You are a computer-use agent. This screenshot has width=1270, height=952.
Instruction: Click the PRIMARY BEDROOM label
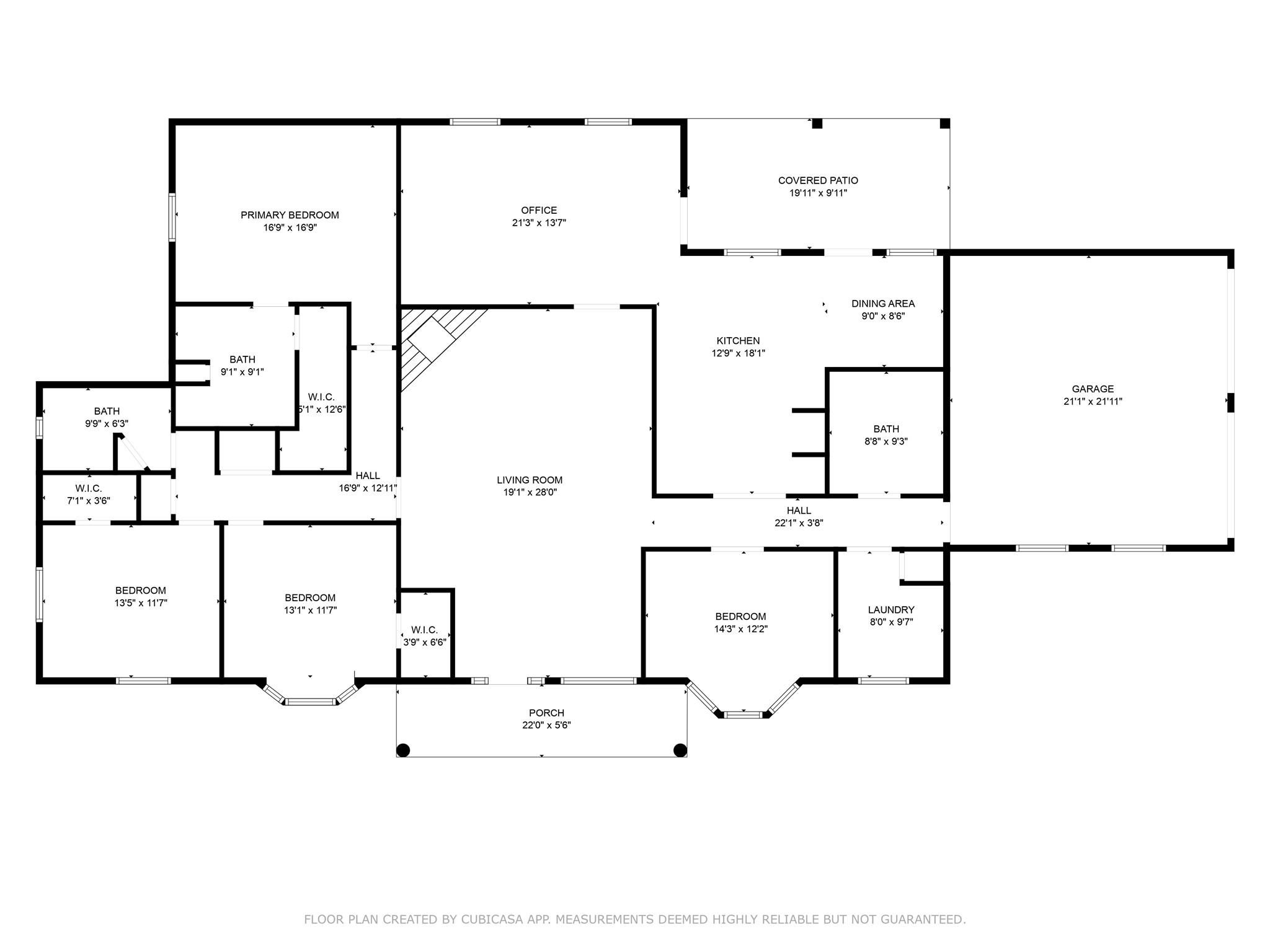tap(290, 215)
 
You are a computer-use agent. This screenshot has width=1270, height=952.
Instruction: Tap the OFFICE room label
tap(539, 210)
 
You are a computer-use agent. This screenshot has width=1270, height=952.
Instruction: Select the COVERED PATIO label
tap(818, 180)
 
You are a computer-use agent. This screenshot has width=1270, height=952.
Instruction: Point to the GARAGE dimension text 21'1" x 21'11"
tap(1093, 401)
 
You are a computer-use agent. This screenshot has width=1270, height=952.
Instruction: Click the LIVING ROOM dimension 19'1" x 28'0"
tap(530, 492)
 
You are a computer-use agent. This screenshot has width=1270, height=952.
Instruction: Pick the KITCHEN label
tap(738, 341)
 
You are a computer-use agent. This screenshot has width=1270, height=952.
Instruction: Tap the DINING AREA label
tap(883, 304)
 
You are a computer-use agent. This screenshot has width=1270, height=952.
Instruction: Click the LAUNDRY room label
tap(891, 610)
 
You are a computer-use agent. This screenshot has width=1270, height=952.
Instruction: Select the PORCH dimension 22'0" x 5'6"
tap(546, 725)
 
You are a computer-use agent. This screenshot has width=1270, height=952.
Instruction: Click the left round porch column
tap(403, 751)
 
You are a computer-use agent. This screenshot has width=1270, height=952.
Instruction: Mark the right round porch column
tap(680, 751)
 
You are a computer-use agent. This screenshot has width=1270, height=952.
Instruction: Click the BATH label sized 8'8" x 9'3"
tap(886, 429)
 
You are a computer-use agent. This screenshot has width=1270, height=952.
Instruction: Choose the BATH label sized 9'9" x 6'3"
tap(107, 411)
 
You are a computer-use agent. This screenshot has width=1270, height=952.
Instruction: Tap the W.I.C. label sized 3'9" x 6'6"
tap(424, 630)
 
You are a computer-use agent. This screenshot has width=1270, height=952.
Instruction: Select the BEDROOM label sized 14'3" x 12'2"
tap(740, 617)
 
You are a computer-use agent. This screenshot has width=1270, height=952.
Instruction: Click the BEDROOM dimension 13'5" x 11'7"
tap(141, 602)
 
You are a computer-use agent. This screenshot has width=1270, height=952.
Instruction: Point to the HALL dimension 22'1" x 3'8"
tap(799, 523)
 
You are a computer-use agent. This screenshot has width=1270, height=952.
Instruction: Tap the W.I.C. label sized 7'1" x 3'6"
tap(89, 488)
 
